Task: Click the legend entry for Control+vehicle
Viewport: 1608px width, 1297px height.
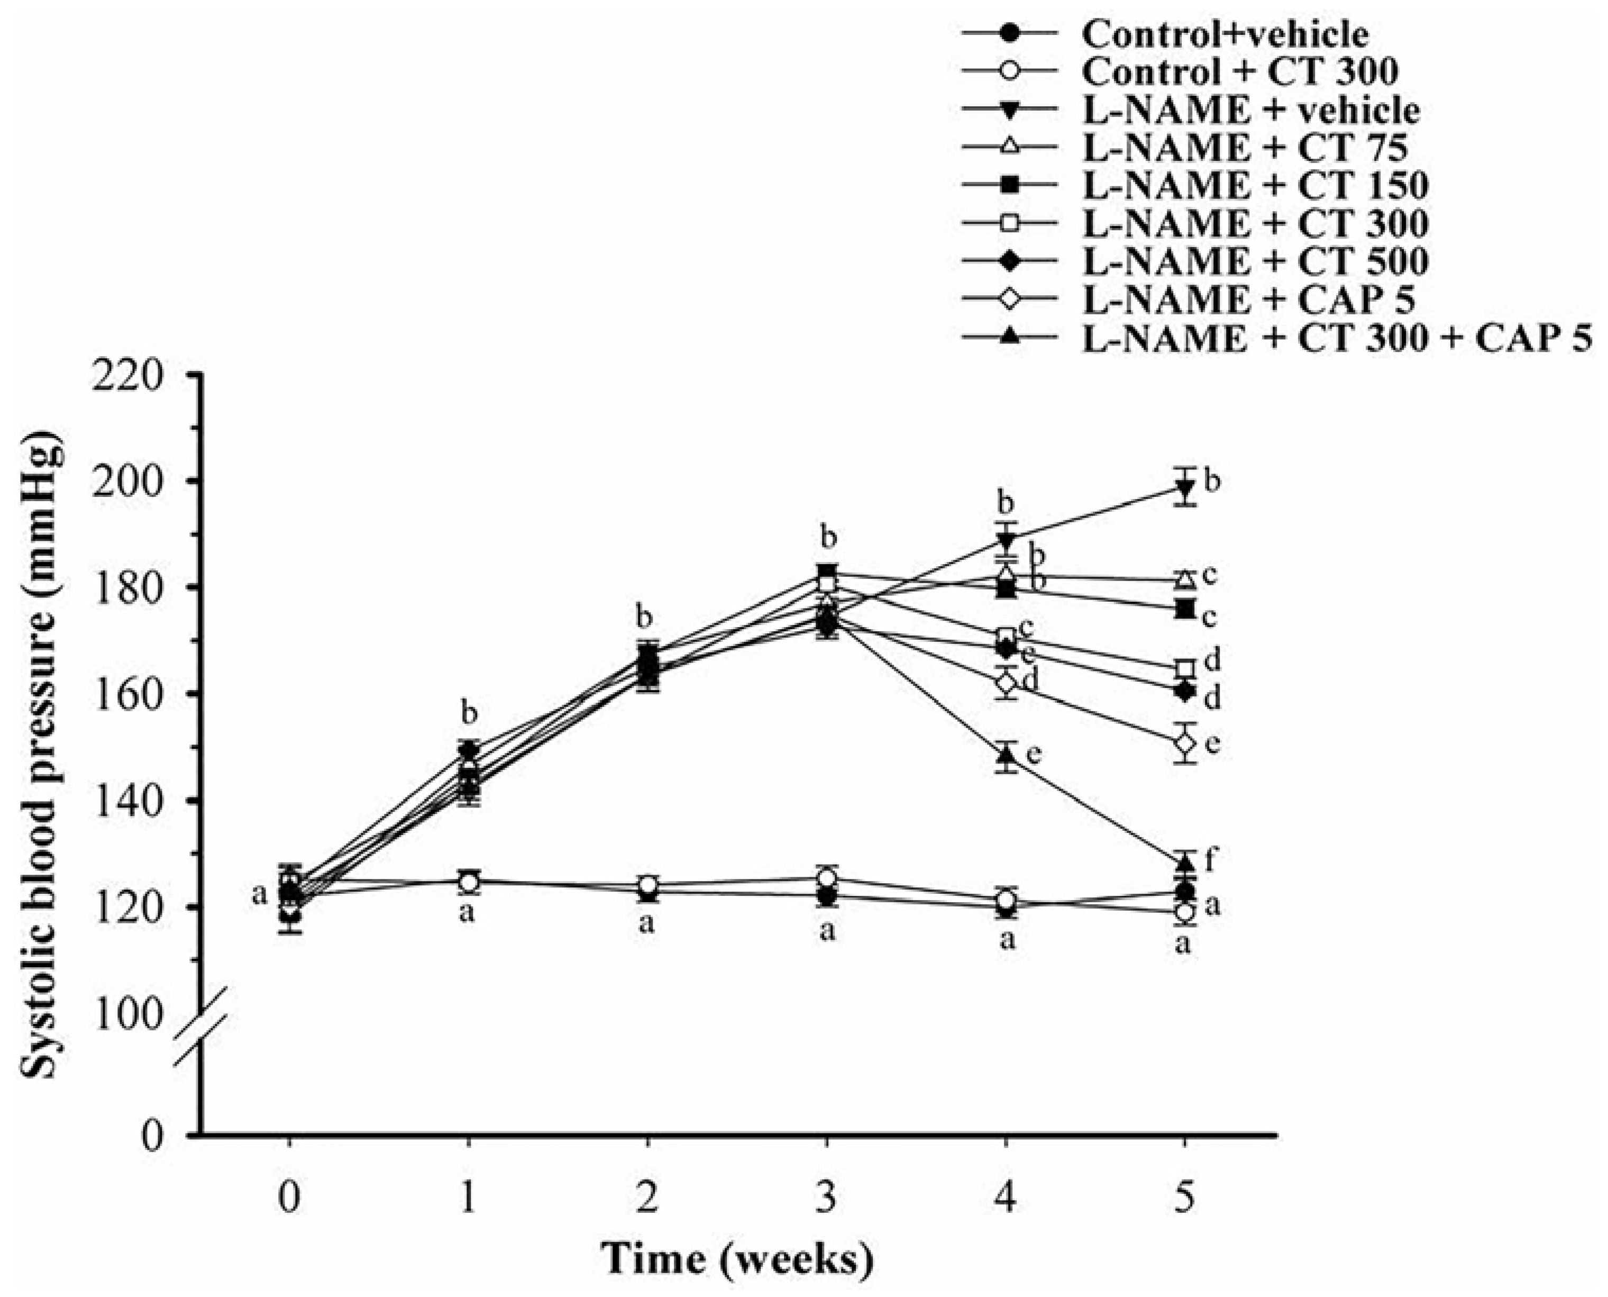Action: coord(1225,34)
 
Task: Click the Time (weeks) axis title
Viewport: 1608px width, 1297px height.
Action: coord(737,1257)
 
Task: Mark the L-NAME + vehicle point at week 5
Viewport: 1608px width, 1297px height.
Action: coord(1184,488)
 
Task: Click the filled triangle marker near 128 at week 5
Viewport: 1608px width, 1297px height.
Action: coord(1184,864)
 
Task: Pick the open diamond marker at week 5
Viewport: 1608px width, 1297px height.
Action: coord(1184,742)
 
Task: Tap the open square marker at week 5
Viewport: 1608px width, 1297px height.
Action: coord(1184,668)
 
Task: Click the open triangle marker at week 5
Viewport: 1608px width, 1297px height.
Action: coord(1184,579)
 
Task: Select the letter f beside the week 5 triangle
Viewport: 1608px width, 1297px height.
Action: coord(1212,860)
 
